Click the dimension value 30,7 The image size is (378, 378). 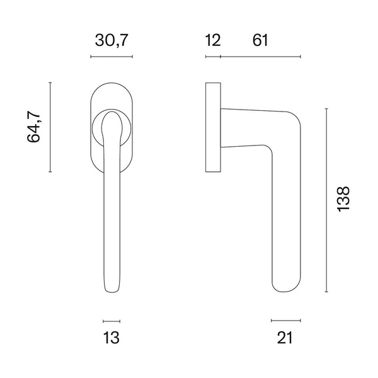111,40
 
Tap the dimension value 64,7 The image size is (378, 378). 33,127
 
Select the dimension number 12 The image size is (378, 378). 213,40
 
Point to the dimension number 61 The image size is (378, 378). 260,40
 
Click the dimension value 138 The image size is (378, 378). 343,199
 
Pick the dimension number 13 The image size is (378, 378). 111,338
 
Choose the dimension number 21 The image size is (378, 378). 285,338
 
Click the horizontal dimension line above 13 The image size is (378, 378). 112,321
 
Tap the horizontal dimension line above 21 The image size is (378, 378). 285,321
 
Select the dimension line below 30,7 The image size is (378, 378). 112,57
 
